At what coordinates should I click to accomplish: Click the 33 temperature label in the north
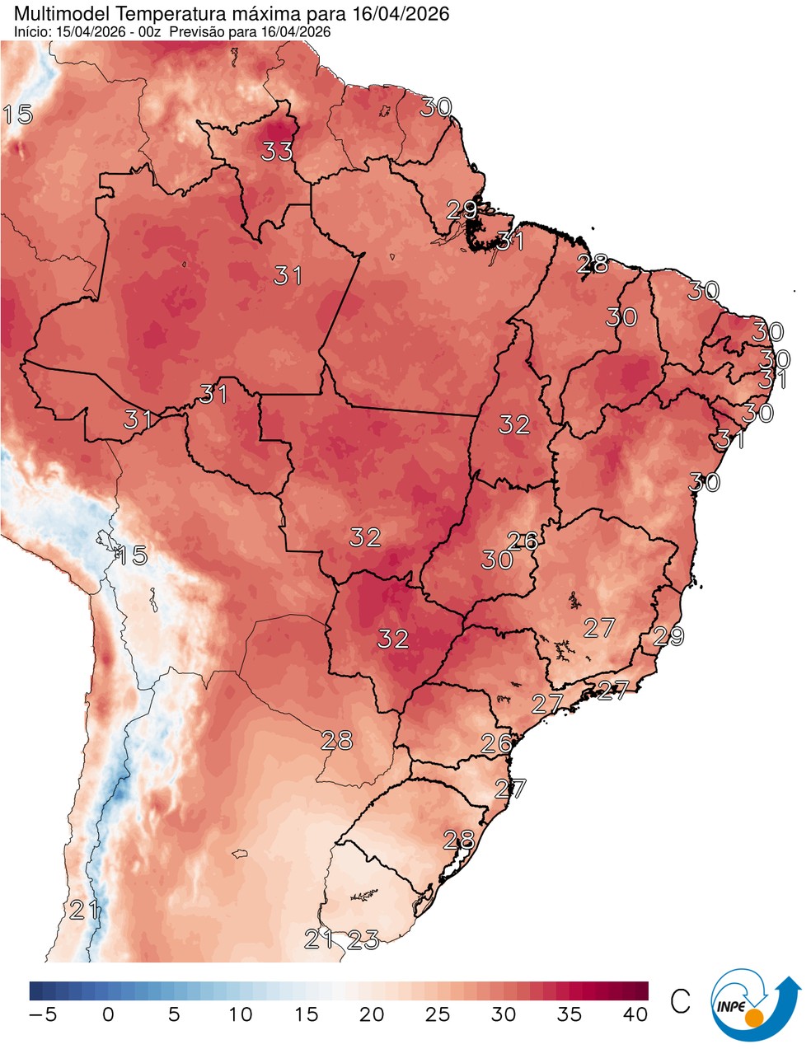278,152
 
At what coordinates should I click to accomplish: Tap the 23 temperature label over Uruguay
363,939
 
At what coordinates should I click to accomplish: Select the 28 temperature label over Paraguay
337,740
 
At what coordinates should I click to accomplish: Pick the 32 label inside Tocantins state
514,424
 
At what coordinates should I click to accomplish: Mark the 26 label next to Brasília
523,541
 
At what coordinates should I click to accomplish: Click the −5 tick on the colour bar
42,1014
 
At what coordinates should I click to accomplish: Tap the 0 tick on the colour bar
108,1014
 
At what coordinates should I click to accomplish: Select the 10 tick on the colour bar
240,1014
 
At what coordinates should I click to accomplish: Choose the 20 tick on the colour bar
372,1014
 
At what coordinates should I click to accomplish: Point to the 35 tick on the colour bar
570,1014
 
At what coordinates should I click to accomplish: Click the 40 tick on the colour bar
635,1014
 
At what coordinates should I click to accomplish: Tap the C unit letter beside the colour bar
680,1001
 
